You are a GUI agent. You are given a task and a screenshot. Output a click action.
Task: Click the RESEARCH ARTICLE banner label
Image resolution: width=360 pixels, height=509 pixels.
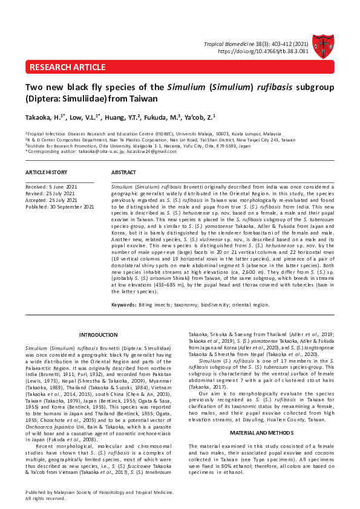tap(67, 67)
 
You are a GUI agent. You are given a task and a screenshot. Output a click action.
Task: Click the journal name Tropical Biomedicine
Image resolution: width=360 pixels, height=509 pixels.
tap(229, 44)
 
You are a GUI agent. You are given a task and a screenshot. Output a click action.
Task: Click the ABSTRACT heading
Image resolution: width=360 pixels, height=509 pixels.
tap(124, 173)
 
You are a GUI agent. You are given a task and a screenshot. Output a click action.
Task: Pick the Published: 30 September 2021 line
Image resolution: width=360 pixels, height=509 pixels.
tap(60, 207)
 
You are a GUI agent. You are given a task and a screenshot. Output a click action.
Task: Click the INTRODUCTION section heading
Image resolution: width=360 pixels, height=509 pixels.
tap(99, 335)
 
